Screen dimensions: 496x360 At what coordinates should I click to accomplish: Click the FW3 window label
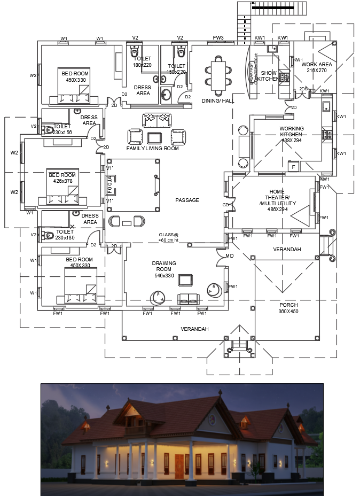click(218, 38)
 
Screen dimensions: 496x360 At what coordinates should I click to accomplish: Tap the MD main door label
click(230, 256)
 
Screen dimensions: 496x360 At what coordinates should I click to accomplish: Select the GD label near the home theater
click(225, 205)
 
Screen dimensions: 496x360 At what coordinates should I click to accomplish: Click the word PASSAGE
click(187, 200)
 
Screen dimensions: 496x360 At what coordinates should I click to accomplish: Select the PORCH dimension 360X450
click(288, 311)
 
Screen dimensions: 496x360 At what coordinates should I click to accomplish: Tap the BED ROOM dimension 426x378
click(62, 181)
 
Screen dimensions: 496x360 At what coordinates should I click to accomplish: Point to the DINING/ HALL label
click(217, 100)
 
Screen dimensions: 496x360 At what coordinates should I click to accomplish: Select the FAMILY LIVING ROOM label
click(152, 148)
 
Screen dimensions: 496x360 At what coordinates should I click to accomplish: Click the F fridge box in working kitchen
click(293, 167)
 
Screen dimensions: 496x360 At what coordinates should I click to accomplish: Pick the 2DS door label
click(303, 89)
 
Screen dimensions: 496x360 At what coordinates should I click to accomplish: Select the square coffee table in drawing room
click(185, 280)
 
